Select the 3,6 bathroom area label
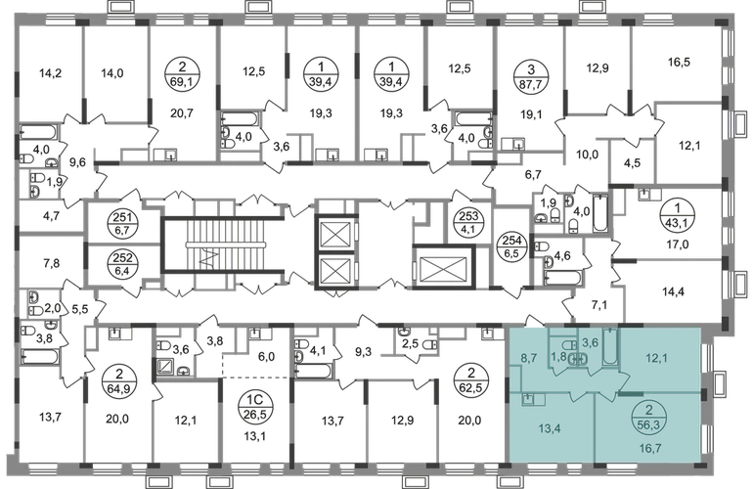(590, 342)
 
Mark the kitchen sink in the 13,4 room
(528, 398)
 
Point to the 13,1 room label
(256, 424)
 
